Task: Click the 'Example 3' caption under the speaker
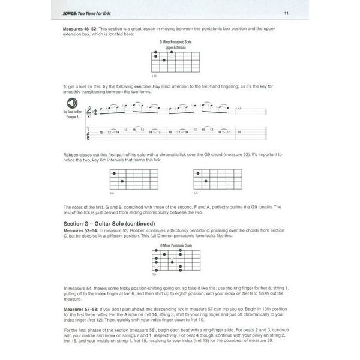pos(74,118)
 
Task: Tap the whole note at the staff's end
pos(240,109)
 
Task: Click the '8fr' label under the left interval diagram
pos(112,193)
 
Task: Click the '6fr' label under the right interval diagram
pos(196,193)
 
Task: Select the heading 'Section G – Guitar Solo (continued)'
pos(116,224)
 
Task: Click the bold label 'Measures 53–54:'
pos(82,230)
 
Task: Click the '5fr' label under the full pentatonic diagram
pos(154,274)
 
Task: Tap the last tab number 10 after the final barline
pos(239,131)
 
